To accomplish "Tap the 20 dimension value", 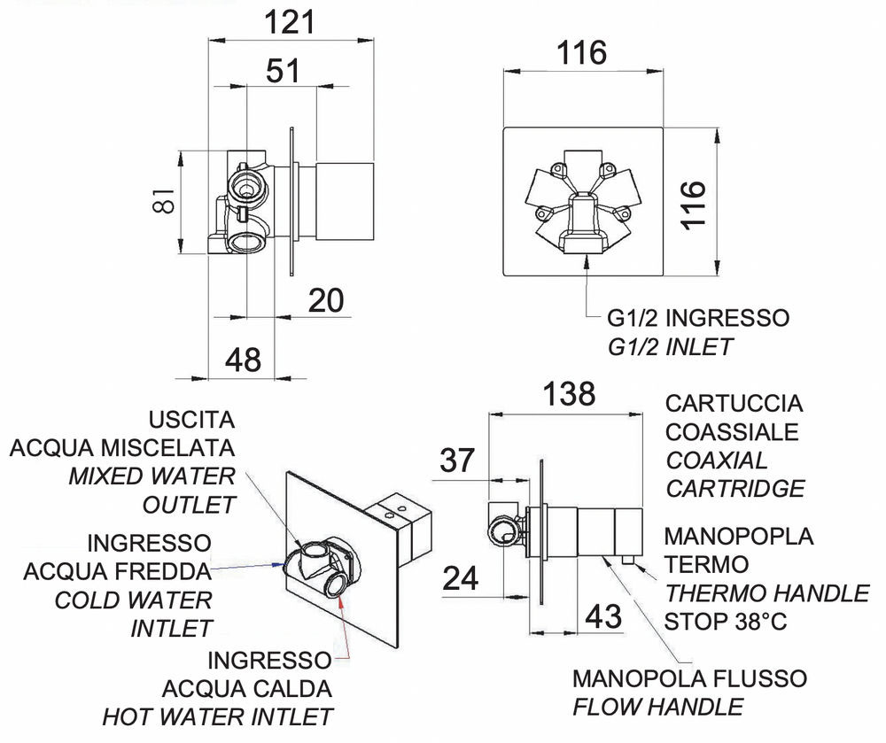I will pyautogui.click(x=326, y=301).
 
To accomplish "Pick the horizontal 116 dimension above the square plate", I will pyautogui.click(x=582, y=52).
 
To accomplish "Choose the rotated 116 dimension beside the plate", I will pyautogui.click(x=694, y=204).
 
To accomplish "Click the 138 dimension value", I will pyautogui.click(x=568, y=394).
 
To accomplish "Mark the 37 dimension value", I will pyautogui.click(x=457, y=461).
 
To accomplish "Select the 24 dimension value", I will pyautogui.click(x=459, y=578).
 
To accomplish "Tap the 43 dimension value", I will pyautogui.click(x=603, y=616).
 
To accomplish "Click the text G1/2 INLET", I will pyautogui.click(x=670, y=346).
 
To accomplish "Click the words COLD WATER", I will pyautogui.click(x=134, y=600).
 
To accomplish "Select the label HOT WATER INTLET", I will pyautogui.click(x=218, y=716).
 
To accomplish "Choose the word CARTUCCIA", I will pyautogui.click(x=734, y=404).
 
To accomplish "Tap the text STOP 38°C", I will pyautogui.click(x=725, y=621).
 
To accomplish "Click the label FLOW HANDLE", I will pyautogui.click(x=657, y=707).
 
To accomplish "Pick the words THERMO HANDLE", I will pyautogui.click(x=767, y=592).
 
